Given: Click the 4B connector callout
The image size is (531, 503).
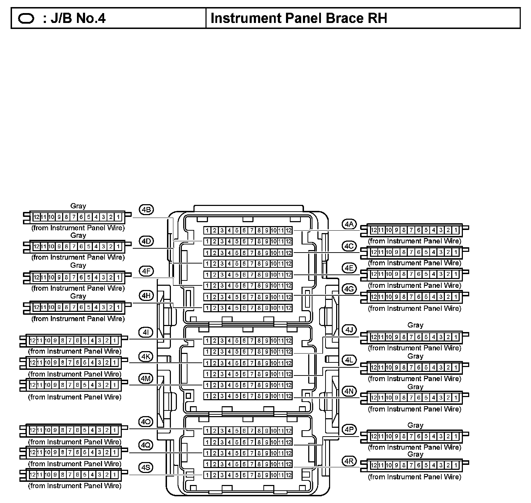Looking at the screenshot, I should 146,209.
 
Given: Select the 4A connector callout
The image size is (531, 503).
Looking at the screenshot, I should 349,224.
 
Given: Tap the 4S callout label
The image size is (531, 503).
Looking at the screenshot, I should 145,467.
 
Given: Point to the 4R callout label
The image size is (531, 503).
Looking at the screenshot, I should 349,461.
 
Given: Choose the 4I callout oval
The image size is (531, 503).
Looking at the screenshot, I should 145,332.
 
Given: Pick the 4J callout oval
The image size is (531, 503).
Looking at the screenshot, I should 349,330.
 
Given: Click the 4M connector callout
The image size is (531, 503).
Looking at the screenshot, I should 145,379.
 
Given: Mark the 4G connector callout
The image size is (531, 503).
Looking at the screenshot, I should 349,289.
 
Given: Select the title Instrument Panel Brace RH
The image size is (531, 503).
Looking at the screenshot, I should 299,18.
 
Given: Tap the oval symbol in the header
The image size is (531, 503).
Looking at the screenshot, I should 26,18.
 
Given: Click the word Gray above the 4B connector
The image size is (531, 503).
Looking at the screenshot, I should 78,206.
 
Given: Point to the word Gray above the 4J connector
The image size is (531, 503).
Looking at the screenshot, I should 415,325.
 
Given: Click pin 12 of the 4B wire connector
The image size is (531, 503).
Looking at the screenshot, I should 36,217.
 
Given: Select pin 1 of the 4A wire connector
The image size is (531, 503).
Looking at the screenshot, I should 456,230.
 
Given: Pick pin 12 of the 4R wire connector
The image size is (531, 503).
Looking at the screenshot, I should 374,465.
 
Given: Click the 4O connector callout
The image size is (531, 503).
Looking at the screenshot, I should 145,422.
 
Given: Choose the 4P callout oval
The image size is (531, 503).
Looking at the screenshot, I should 349,429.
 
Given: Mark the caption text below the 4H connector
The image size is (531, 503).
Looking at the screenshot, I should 78,319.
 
